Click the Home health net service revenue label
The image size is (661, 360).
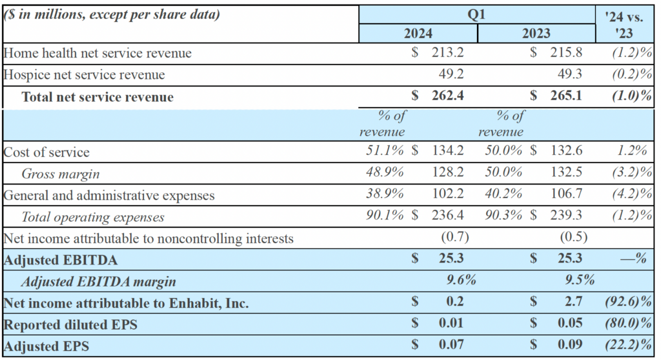click(x=97, y=54)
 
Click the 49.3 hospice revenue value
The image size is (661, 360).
click(x=571, y=75)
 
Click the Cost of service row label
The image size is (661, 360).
click(x=46, y=152)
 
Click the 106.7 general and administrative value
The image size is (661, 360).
click(x=569, y=195)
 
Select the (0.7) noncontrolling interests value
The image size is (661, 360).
click(x=454, y=237)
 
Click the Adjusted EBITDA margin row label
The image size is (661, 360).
click(x=98, y=281)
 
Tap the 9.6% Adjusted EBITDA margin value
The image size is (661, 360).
click(x=461, y=281)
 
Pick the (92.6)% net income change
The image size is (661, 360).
click(x=625, y=303)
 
